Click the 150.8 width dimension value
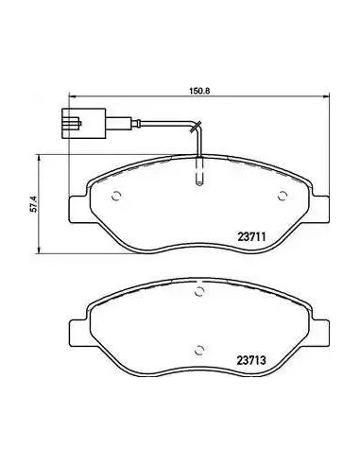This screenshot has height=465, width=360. tap(199, 91)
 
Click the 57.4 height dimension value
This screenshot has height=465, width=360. tap(34, 204)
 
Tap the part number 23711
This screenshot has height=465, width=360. tap(252, 236)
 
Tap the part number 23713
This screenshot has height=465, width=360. tap(251, 360)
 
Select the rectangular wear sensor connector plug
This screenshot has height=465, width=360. tap(83, 123)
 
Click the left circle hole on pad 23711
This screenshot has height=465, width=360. tap(116, 196)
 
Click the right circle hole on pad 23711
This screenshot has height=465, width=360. tap(283, 196)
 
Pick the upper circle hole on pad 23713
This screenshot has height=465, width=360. tap(199, 292)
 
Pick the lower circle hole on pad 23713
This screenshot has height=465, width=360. tap(199, 350)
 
